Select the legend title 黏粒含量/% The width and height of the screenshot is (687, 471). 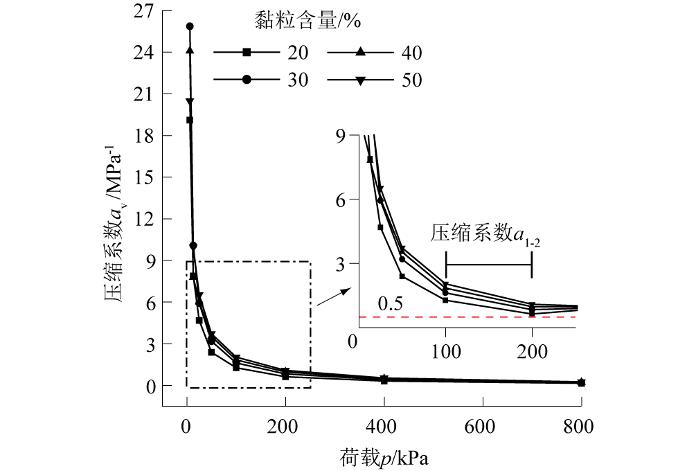pos(305,21)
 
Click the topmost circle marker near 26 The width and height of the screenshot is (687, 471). pos(190,26)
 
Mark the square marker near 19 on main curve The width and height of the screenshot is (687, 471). pos(190,120)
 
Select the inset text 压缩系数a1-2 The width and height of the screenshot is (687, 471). pos(485,233)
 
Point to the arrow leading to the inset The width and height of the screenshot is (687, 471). pos(331,297)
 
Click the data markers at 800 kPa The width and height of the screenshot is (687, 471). pos(581,382)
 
